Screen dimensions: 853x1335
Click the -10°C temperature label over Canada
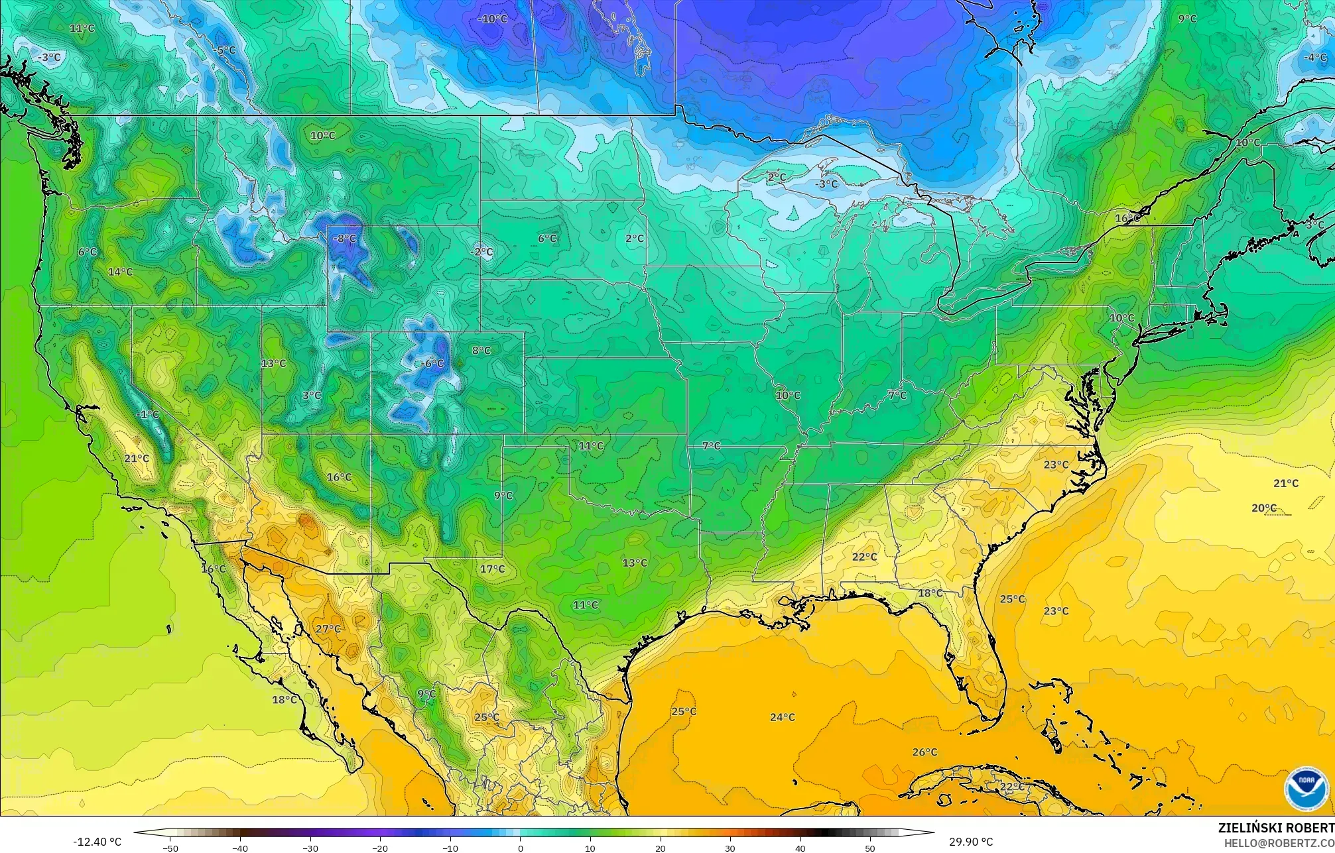[x=492, y=19]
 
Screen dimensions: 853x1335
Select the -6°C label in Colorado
[x=432, y=363]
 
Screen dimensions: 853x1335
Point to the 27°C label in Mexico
[x=328, y=629]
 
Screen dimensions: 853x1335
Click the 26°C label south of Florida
[x=924, y=752]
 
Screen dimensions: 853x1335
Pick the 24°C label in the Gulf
[x=782, y=717]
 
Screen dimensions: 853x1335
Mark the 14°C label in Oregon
[x=120, y=272]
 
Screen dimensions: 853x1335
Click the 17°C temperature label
[x=492, y=569]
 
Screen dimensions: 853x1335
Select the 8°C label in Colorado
[x=481, y=351]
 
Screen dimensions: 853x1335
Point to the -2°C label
[x=481, y=252]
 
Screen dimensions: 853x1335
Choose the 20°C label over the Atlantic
[x=1263, y=508]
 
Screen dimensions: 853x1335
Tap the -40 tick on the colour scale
[x=241, y=848]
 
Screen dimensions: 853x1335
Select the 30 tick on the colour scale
[x=730, y=848]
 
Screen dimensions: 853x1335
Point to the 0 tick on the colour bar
[x=520, y=848]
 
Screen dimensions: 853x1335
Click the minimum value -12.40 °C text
[x=97, y=842]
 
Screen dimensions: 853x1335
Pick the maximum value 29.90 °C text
[x=970, y=842]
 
